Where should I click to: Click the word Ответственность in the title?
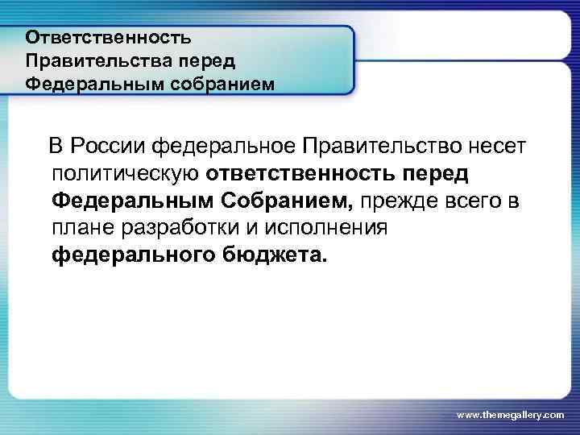(x=108, y=38)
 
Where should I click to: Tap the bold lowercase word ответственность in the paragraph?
(x=312, y=173)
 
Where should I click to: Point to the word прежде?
(x=396, y=201)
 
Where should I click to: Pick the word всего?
(x=474, y=201)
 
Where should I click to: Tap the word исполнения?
(x=326, y=228)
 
